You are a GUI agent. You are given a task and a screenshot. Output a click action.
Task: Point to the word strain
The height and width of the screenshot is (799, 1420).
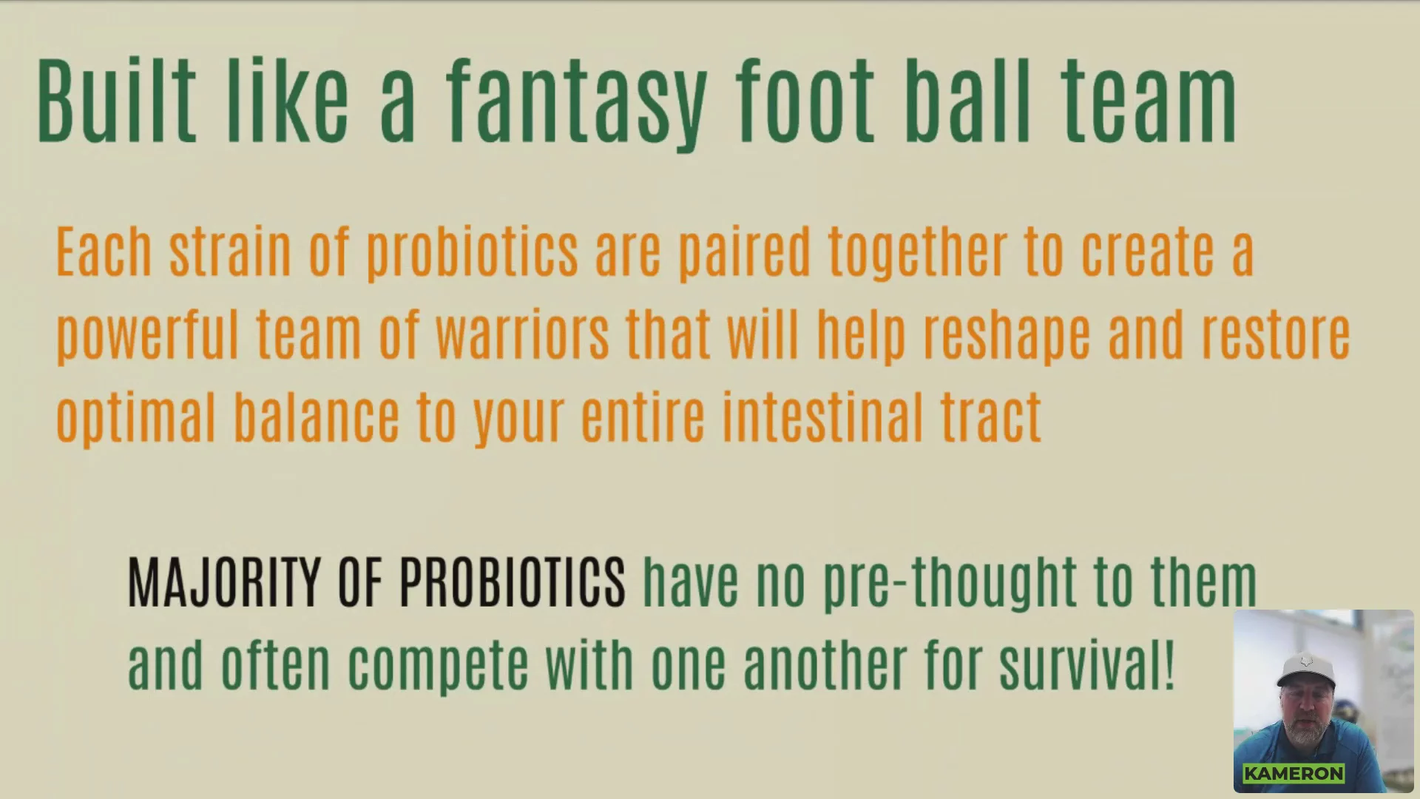[230, 252]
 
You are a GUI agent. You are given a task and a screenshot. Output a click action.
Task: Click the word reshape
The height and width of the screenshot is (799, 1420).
[1007, 337]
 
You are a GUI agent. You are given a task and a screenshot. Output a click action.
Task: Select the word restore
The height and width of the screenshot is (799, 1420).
[1276, 336]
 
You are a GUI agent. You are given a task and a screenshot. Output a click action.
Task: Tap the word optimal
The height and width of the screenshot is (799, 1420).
[136, 418]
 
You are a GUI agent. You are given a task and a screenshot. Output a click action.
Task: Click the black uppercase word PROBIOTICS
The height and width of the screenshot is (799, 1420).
[513, 584]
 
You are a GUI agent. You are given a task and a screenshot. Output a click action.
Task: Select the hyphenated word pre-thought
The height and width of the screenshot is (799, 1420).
[950, 585]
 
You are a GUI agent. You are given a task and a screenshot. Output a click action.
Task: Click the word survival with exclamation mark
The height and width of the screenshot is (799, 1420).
[1086, 665]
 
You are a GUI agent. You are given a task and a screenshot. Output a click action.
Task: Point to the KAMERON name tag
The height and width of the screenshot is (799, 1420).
[1294, 774]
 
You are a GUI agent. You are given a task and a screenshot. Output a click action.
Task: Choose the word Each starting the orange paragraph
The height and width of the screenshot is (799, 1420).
[104, 252]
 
